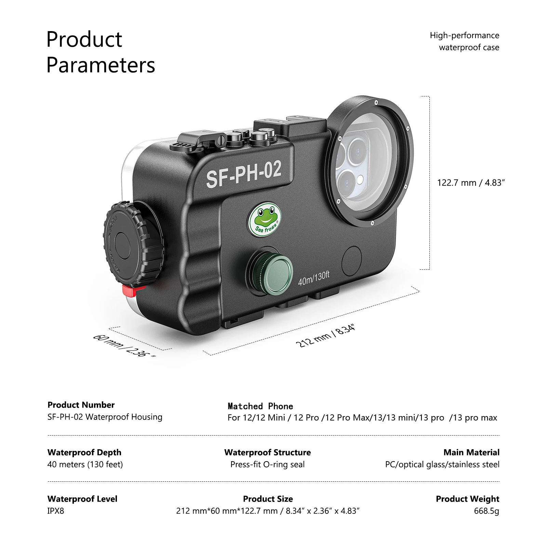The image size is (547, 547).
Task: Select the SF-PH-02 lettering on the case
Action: click(x=244, y=174)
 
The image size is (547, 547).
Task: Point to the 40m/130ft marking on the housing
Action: click(x=313, y=278)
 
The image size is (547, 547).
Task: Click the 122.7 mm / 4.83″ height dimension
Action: click(x=471, y=183)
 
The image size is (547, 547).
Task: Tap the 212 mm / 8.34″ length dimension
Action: click(x=325, y=336)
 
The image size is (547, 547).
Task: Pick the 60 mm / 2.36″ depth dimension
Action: click(x=124, y=346)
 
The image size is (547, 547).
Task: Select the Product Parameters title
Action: click(x=101, y=52)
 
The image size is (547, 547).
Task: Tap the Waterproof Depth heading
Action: click(x=84, y=452)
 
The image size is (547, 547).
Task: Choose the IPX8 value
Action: click(x=56, y=511)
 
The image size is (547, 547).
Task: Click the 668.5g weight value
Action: click(x=486, y=511)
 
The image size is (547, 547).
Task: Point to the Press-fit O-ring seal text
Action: click(x=267, y=464)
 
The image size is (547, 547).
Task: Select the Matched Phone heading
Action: click(x=260, y=406)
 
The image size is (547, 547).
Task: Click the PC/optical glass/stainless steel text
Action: click(x=442, y=464)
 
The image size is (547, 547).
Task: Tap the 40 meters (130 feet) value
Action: click(x=85, y=464)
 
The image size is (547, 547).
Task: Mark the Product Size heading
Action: click(x=268, y=499)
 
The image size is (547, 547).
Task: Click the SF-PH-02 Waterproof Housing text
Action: click(x=105, y=417)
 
